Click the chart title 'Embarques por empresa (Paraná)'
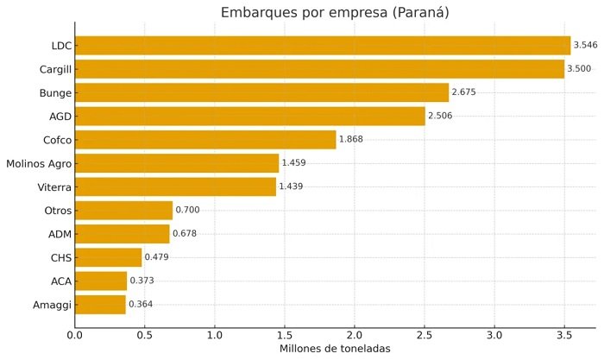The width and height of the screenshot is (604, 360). pyautogui.click(x=335, y=12)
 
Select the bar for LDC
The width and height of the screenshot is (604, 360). pyautogui.click(x=323, y=46)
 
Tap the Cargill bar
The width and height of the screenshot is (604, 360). pyautogui.click(x=319, y=69)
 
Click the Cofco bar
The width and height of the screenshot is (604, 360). pyautogui.click(x=205, y=140)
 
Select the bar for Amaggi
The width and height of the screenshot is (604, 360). pyautogui.click(x=101, y=305)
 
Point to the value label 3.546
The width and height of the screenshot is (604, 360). pyautogui.click(x=587, y=46)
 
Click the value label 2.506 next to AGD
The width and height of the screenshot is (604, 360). pyautogui.click(x=441, y=117)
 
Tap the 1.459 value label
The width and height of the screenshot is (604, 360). pyautogui.click(x=295, y=163)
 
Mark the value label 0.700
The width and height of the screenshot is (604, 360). pyautogui.click(x=189, y=211)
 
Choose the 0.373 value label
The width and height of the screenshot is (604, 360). pyautogui.click(x=143, y=281)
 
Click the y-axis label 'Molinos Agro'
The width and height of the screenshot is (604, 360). pyautogui.click(x=40, y=163)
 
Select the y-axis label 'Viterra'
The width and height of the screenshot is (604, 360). pyautogui.click(x=53, y=186)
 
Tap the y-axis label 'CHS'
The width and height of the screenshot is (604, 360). pyautogui.click(x=60, y=257)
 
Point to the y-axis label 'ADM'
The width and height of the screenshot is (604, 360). pyautogui.click(x=60, y=234)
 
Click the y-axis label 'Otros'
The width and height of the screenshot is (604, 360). pyautogui.click(x=57, y=211)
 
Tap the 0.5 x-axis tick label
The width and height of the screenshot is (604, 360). pyautogui.click(x=145, y=334)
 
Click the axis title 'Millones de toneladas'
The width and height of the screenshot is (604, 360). pyautogui.click(x=335, y=349)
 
